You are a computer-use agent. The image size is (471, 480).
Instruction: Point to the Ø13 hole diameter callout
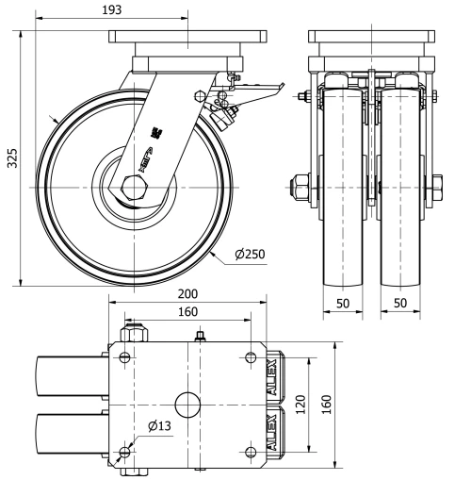pos(159,425)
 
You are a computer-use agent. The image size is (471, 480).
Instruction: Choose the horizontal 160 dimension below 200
pos(187,311)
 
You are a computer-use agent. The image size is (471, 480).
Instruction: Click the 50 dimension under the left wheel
pos(343,306)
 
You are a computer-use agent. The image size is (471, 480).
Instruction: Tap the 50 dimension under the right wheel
pos(401,306)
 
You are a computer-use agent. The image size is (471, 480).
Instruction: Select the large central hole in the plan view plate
pos(187,405)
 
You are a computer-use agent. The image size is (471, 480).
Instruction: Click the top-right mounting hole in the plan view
pos(249,356)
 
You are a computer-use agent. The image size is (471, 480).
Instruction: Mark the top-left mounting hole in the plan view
pos(124,356)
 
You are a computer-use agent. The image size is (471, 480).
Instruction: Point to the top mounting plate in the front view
pos(374,43)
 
